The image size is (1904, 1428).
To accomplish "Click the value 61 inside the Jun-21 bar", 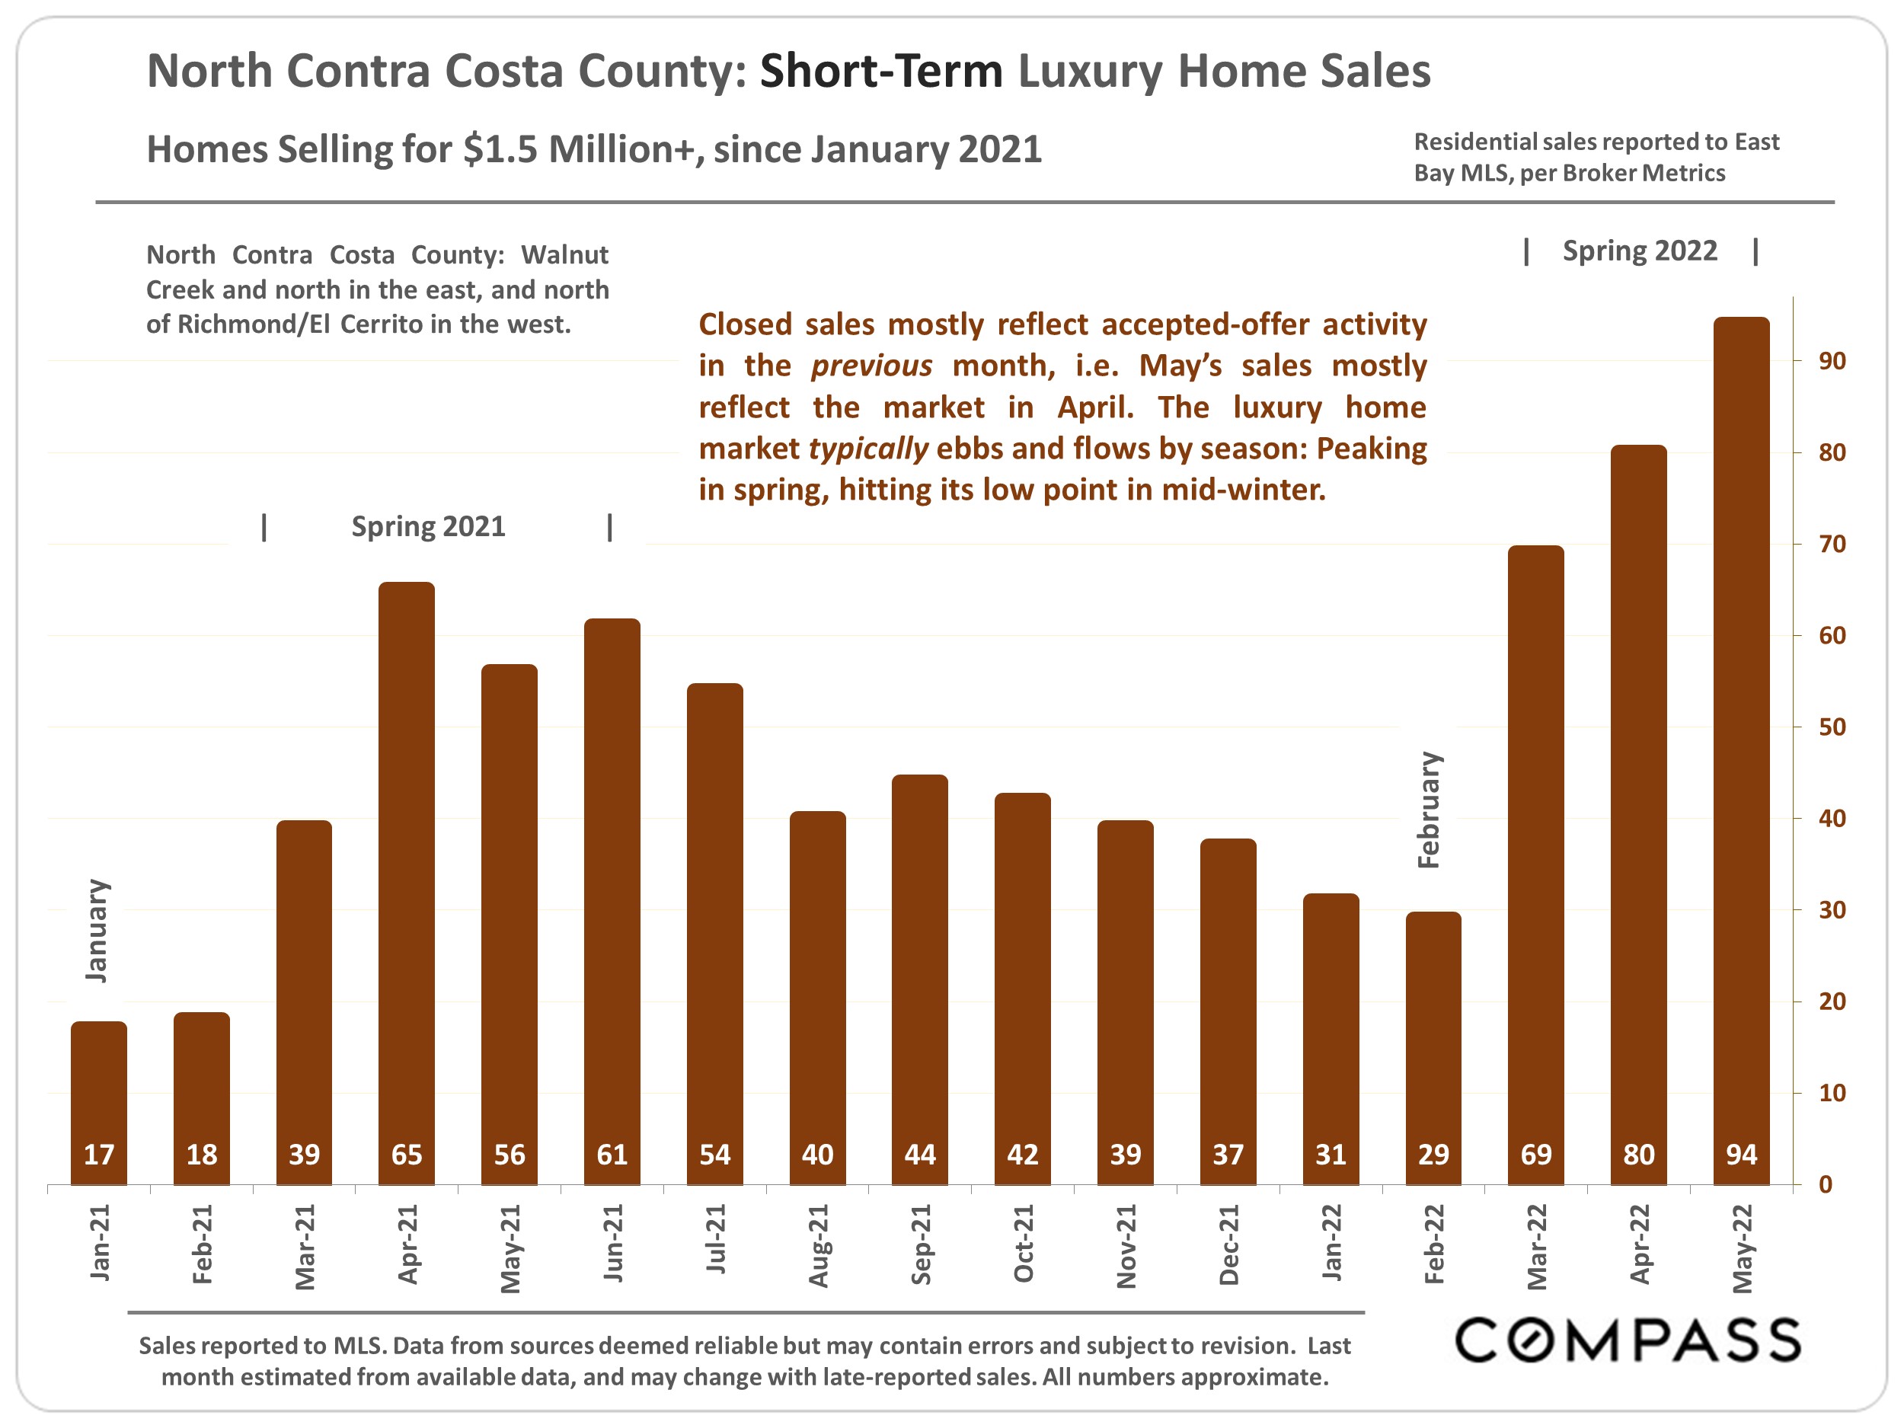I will click(612, 1155).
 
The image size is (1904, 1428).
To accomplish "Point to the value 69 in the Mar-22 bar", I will click(1535, 1155).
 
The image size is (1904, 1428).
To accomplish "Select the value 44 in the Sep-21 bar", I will click(920, 1155).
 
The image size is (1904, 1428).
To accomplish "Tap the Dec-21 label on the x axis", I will click(1228, 1244).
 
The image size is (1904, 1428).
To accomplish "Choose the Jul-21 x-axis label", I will click(715, 1239).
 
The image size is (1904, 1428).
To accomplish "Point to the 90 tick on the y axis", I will click(1832, 362).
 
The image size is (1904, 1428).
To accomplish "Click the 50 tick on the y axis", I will click(1832, 727).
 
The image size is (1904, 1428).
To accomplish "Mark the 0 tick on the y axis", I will click(1825, 1185).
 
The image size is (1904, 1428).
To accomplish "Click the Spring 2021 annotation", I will click(428, 526).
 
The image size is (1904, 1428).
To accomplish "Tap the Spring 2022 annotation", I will click(1639, 251).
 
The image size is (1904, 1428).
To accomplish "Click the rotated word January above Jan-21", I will click(97, 931).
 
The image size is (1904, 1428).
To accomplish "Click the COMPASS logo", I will click(1628, 1340).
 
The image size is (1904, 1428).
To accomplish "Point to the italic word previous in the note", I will click(871, 366).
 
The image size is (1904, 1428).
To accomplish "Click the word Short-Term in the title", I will click(880, 71).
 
